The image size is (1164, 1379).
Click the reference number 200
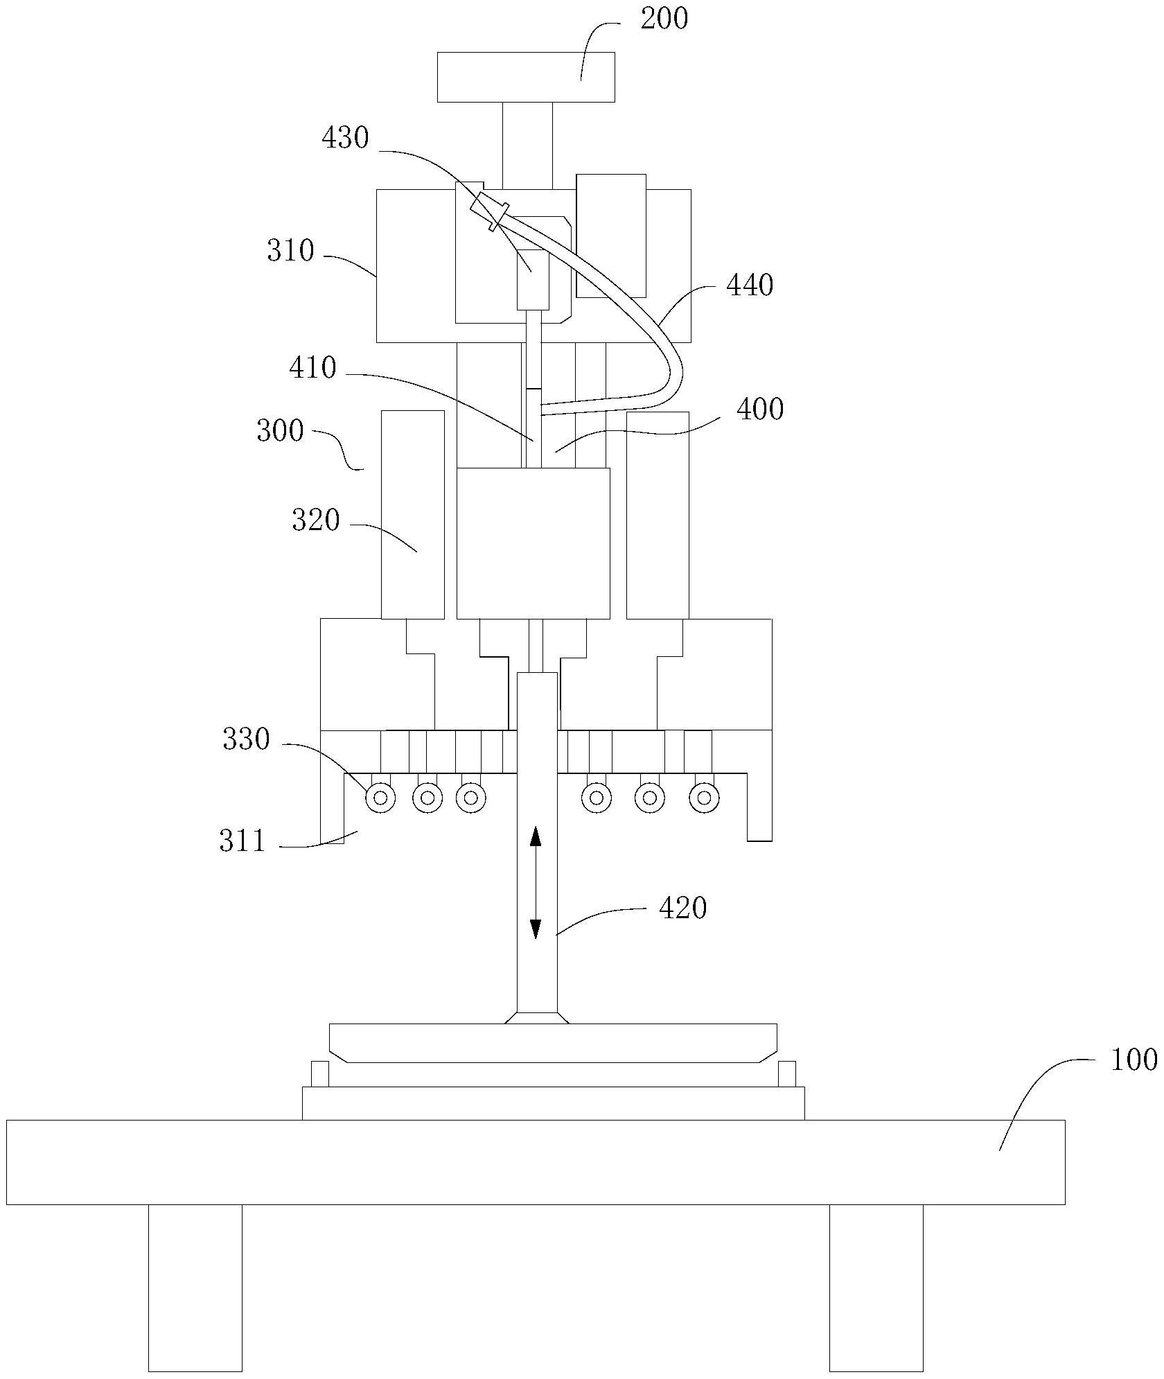tap(664, 19)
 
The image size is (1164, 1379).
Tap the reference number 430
tap(345, 138)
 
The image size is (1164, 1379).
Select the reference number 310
tap(290, 250)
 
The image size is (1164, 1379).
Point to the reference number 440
tap(750, 285)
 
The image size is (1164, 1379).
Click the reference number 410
tap(312, 368)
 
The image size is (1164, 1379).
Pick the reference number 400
tap(760, 410)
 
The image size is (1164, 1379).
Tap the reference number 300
tap(280, 431)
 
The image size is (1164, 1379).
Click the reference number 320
tap(316, 520)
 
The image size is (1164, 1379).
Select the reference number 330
tap(246, 739)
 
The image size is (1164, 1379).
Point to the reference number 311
tap(242, 841)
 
